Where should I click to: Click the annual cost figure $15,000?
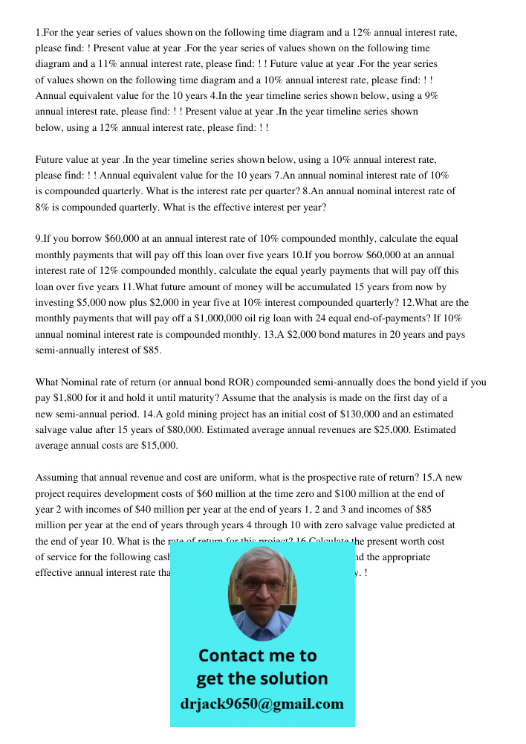coord(157,445)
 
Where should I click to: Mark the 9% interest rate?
coord(430,96)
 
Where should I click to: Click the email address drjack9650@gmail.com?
coord(262,704)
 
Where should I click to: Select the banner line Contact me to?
coord(257,655)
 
